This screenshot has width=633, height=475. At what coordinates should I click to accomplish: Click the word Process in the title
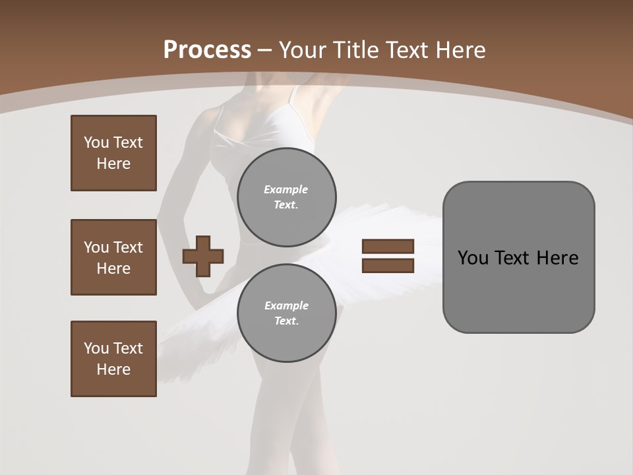pyautogui.click(x=207, y=50)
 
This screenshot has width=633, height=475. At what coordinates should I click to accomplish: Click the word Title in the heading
pyautogui.click(x=355, y=50)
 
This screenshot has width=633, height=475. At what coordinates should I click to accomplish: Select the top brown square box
pyautogui.click(x=113, y=153)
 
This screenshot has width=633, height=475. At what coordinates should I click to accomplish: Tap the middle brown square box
pyautogui.click(x=113, y=257)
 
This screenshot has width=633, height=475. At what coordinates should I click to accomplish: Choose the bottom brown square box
pyautogui.click(x=113, y=359)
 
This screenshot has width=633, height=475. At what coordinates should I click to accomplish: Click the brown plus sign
pyautogui.click(x=203, y=256)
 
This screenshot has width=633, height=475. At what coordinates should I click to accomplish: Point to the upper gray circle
pyautogui.click(x=286, y=197)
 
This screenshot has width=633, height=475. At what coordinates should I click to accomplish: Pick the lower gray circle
pyautogui.click(x=286, y=313)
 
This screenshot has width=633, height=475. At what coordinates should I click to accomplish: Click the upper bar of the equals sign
pyautogui.click(x=388, y=246)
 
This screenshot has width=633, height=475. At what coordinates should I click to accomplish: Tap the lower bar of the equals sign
pyautogui.click(x=388, y=265)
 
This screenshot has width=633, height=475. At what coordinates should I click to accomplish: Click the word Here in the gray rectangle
pyautogui.click(x=557, y=258)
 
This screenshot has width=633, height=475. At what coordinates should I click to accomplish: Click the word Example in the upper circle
pyautogui.click(x=286, y=189)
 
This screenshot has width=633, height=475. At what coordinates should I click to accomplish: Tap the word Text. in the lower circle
pyautogui.click(x=286, y=321)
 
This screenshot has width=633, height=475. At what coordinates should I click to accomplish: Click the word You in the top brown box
pyautogui.click(x=96, y=142)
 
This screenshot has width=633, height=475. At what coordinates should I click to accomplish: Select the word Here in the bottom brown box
pyautogui.click(x=113, y=369)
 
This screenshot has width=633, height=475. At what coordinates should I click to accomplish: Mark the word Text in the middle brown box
pyautogui.click(x=127, y=247)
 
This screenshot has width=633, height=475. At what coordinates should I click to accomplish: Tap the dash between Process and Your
pyautogui.click(x=264, y=50)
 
